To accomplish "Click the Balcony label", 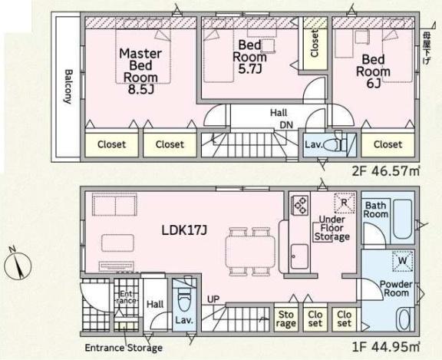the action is coord(68,87).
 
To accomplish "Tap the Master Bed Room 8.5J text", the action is coord(140,71).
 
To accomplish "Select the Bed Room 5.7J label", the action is coord(249,57).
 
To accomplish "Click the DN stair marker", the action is coord(286,124).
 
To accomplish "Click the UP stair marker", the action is coord(213,299).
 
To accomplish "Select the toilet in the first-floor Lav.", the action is coord(185,302).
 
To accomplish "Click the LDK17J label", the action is coord(184,230).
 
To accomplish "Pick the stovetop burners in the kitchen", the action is coord(301,206).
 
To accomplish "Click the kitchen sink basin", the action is coord(299,256).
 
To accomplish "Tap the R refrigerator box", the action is coord(345,203).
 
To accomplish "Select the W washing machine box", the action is coord(403,261).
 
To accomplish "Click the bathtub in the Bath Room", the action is coord(402,219).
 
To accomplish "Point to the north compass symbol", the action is coord(18,264).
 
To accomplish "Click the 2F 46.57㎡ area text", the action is coord(386,171).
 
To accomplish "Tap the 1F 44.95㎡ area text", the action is coord(386,347).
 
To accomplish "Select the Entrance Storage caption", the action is coord(124,348).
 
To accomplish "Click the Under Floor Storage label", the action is coord(331,228).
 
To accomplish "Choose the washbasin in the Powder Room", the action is coord(404,319).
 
